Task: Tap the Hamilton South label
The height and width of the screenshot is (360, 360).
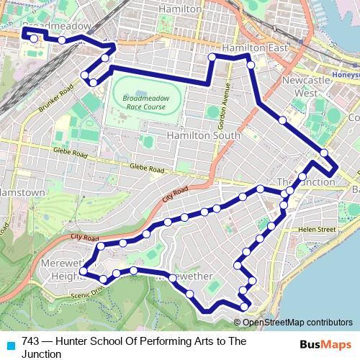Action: [x=203, y=135]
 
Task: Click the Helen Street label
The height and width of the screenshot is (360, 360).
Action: [x=318, y=229]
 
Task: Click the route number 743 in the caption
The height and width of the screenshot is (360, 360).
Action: [x=31, y=341]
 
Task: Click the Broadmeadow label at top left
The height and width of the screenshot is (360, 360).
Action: [x=58, y=25]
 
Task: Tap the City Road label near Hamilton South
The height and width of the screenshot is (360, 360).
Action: [x=175, y=192]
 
